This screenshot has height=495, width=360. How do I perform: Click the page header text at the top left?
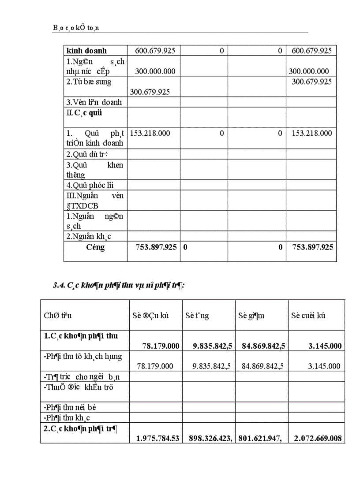click(76, 28)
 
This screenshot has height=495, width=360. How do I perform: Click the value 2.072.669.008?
click(317, 438)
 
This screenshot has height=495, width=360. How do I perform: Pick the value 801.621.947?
click(262, 438)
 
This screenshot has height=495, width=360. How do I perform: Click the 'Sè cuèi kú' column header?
click(308, 316)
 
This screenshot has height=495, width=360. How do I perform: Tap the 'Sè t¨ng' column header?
click(197, 316)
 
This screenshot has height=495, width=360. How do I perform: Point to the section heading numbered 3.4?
click(119, 285)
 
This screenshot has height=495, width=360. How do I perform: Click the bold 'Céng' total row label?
click(95, 247)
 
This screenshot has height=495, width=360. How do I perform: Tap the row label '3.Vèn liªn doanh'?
click(94, 102)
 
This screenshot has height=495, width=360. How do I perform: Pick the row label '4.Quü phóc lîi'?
click(90, 185)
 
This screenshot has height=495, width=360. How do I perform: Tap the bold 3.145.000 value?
click(325, 346)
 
